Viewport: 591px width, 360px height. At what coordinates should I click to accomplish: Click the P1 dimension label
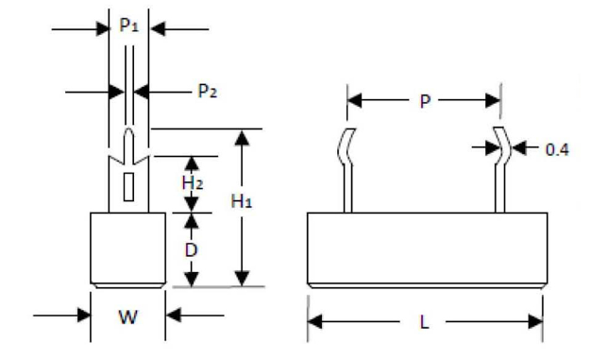(129, 27)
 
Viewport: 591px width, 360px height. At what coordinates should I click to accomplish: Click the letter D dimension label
(191, 250)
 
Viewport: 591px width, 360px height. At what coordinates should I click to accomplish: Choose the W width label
(127, 317)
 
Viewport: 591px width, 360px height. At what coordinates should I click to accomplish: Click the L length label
(425, 321)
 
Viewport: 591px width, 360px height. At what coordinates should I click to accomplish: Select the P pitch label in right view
(424, 100)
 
